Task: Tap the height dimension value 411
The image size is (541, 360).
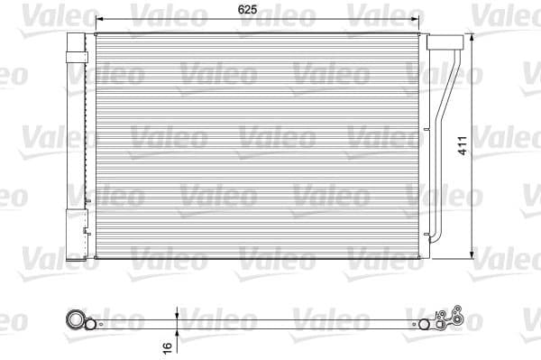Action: (462, 146)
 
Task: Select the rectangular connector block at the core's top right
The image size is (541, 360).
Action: (440, 43)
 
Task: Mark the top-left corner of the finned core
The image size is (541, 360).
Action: (95, 34)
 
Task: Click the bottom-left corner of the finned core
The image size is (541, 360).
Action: (95, 258)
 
